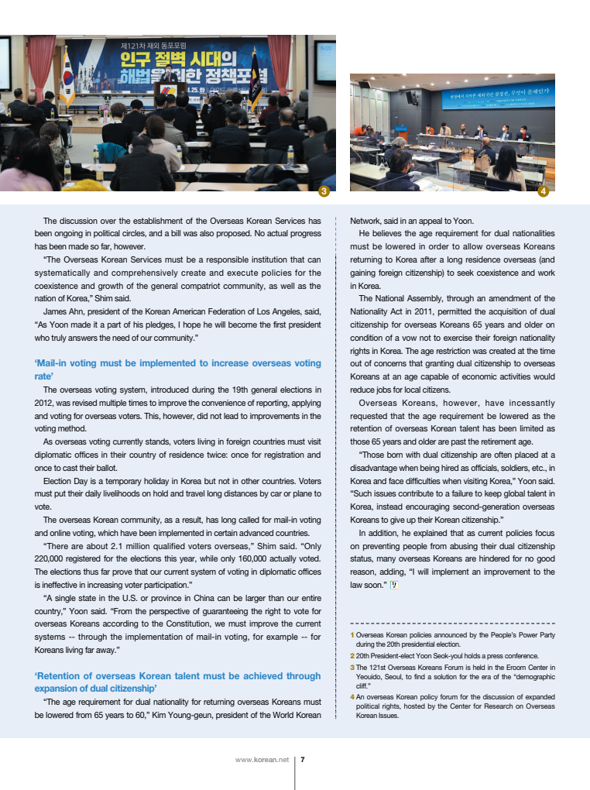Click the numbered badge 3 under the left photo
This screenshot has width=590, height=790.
point(325,191)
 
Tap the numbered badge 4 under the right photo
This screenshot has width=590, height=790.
point(543,191)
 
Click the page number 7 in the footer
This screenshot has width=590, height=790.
point(302,760)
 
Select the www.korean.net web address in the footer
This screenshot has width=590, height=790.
point(262,760)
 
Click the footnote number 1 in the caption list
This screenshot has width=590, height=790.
point(352,635)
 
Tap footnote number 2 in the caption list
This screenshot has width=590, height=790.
point(352,655)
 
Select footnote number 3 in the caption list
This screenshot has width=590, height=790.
point(352,666)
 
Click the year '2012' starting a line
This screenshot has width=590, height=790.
point(44,403)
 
